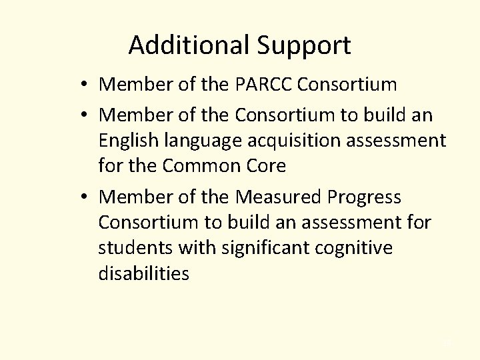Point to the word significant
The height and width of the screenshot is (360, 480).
pyautogui.click(x=258, y=249)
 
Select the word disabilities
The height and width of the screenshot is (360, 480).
pyautogui.click(x=143, y=273)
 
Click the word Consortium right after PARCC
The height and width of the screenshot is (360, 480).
pyautogui.click(x=348, y=85)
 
